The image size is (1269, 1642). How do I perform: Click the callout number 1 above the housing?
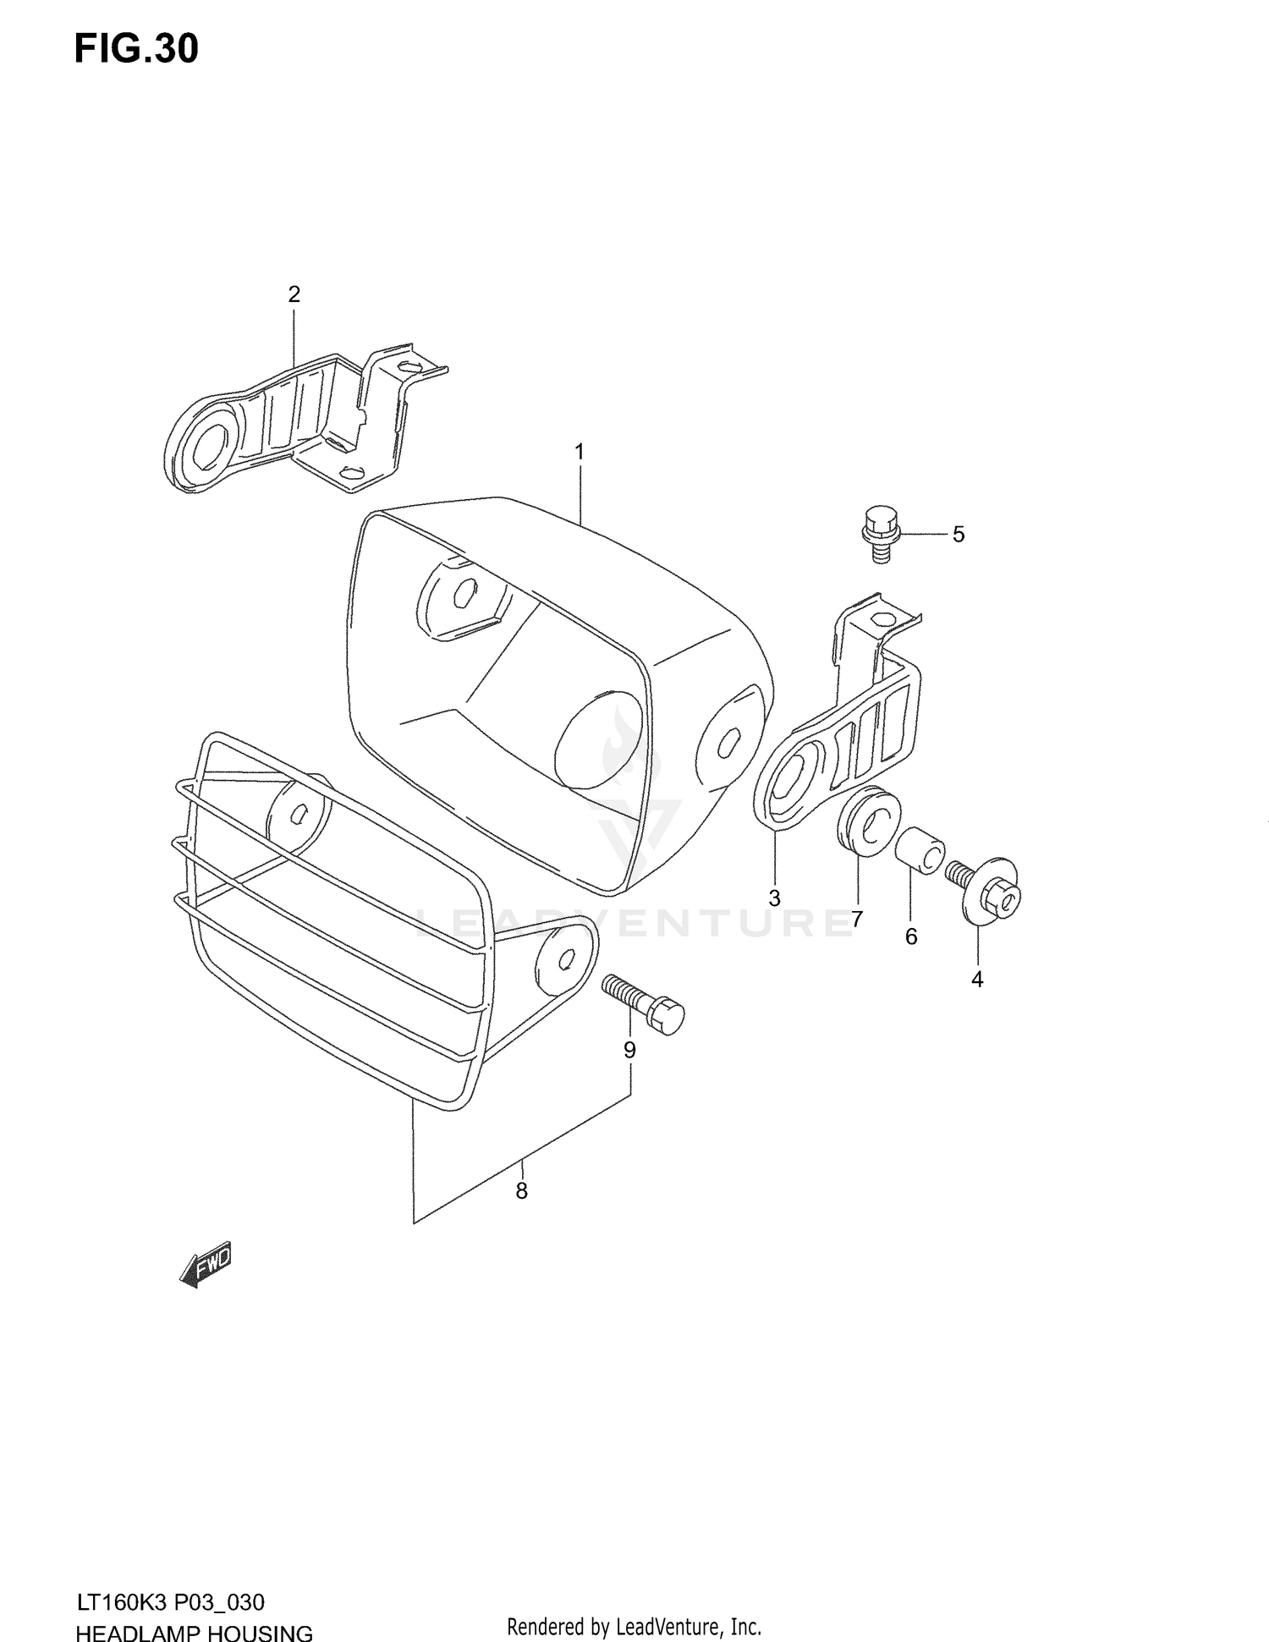click(580, 453)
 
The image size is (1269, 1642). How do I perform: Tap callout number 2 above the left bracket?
click(294, 294)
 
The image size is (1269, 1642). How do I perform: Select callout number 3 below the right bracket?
click(774, 898)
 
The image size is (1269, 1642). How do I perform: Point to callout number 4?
click(977, 980)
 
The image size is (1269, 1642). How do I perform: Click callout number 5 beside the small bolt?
click(958, 535)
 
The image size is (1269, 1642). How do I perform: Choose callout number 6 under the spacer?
click(911, 936)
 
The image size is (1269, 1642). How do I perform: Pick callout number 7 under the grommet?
click(857, 919)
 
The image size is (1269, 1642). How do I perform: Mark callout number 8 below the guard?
click(521, 1191)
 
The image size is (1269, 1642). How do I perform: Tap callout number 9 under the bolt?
click(629, 1050)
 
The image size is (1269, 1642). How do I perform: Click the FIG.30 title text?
click(136, 49)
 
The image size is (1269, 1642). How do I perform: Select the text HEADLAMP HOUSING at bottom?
click(194, 1632)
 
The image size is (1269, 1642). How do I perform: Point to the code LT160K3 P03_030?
click(170, 1602)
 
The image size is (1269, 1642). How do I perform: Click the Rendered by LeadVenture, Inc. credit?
click(634, 1626)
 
